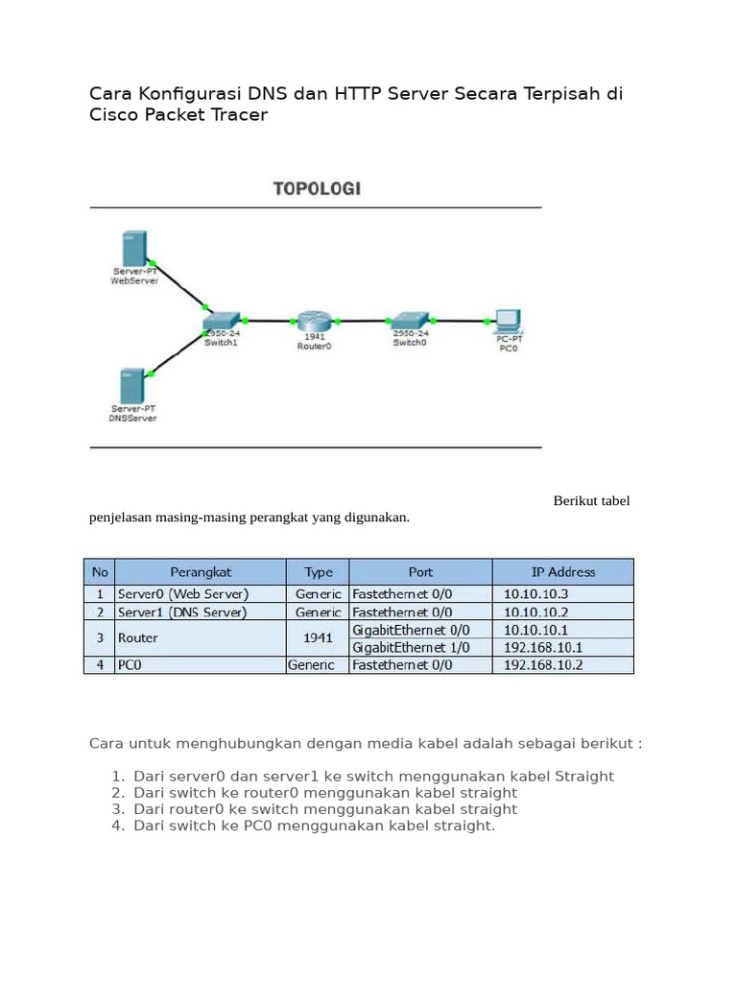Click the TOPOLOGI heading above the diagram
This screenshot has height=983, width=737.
pyautogui.click(x=317, y=189)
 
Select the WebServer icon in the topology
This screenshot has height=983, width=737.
pyautogui.click(x=133, y=248)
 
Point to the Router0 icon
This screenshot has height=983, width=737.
pyautogui.click(x=313, y=320)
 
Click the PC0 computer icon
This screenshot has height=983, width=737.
pyautogui.click(x=507, y=320)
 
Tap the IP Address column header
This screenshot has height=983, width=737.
pyautogui.click(x=562, y=571)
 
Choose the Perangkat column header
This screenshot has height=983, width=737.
pyautogui.click(x=201, y=571)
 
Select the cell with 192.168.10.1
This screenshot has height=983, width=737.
pyautogui.click(x=542, y=647)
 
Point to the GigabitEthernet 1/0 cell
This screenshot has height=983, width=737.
pyautogui.click(x=411, y=647)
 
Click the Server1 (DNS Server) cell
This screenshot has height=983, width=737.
pyautogui.click(x=182, y=611)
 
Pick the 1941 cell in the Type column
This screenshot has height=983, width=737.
pyautogui.click(x=317, y=638)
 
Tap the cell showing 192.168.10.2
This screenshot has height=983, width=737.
pyautogui.click(x=542, y=664)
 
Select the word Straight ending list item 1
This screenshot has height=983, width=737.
pyautogui.click(x=582, y=776)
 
